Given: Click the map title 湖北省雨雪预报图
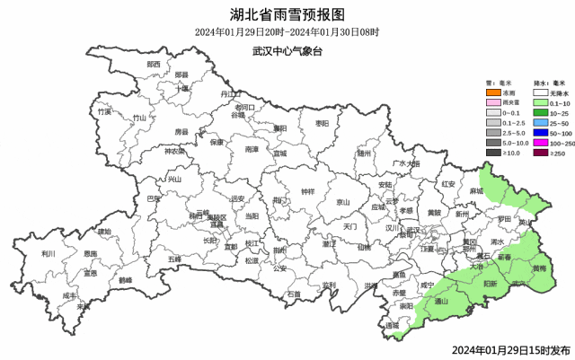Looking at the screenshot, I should click(x=287, y=13).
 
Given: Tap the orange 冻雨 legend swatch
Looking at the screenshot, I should click(x=492, y=92).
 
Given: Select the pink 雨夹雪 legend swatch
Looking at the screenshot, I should click(x=492, y=105).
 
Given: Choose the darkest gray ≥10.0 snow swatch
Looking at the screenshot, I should click(x=492, y=154).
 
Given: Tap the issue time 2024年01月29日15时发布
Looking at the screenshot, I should click(x=510, y=349).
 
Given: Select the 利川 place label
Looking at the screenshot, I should click(x=49, y=254).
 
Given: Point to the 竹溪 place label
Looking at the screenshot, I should click(x=105, y=112).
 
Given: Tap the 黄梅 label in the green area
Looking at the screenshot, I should click(x=538, y=268).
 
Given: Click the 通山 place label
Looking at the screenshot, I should click(x=441, y=303).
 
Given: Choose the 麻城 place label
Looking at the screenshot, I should click(x=475, y=191).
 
